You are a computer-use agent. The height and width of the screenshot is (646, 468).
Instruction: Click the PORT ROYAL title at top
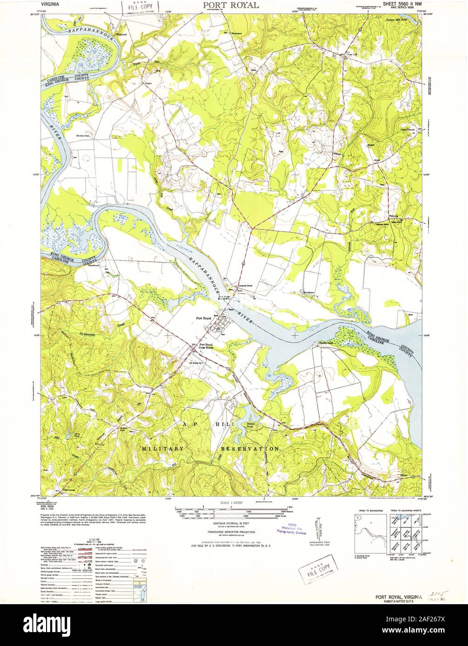pyautogui.click(x=231, y=5)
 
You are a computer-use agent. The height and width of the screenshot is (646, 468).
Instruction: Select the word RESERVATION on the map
pyautogui.click(x=249, y=449)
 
